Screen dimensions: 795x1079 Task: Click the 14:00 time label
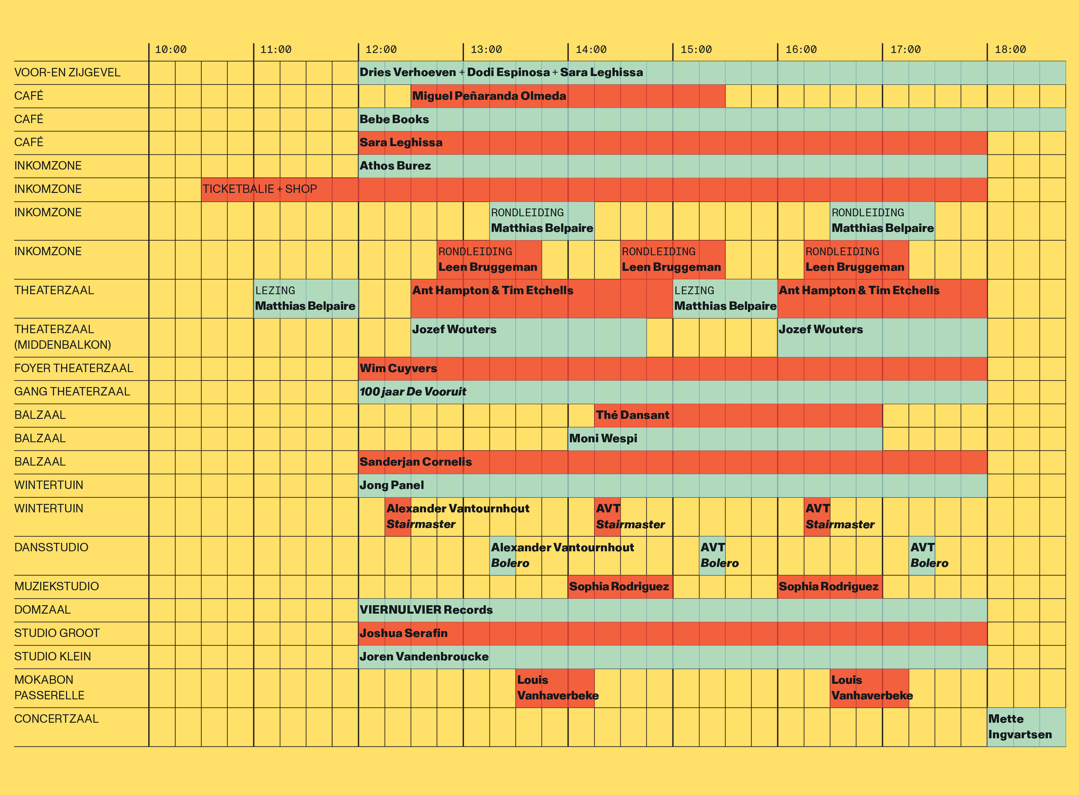click(x=591, y=50)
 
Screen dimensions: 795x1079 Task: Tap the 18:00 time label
click(x=1010, y=50)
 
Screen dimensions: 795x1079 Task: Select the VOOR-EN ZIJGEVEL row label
click(x=67, y=73)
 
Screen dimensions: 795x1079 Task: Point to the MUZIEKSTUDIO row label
click(x=56, y=586)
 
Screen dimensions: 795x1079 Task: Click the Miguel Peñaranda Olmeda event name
click(x=489, y=96)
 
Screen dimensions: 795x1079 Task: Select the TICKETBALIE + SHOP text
click(x=260, y=189)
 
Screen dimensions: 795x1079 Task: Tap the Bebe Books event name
click(x=394, y=119)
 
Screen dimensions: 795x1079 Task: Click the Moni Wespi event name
click(x=603, y=438)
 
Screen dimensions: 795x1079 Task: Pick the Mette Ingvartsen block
click(x=1020, y=727)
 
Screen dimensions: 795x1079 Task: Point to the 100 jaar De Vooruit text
click(x=413, y=392)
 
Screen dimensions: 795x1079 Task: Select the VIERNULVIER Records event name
click(x=426, y=610)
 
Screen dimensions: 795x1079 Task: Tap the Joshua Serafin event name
click(x=404, y=633)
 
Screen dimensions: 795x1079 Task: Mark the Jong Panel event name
click(x=392, y=485)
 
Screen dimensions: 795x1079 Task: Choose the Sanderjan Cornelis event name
click(x=415, y=462)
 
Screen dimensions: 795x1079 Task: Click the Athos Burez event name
click(x=395, y=166)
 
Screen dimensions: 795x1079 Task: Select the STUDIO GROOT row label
click(x=57, y=633)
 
